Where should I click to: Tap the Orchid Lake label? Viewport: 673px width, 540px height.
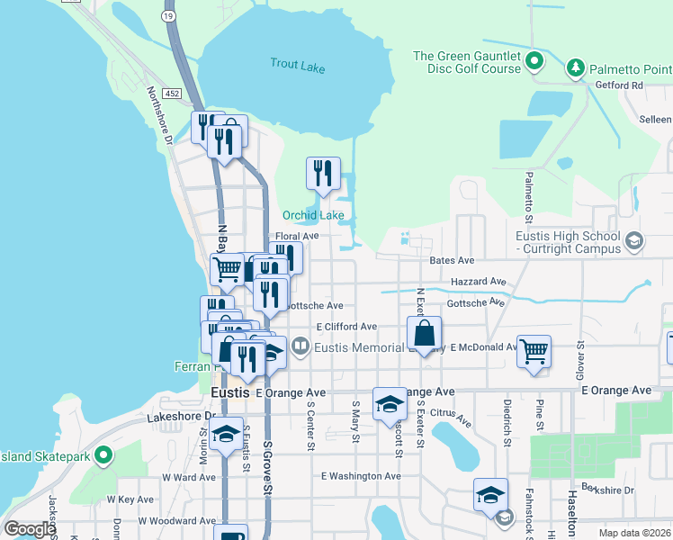[x=313, y=215]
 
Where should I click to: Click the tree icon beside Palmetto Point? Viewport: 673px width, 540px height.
[x=574, y=68]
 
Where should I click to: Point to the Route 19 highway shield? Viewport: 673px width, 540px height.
[x=168, y=15]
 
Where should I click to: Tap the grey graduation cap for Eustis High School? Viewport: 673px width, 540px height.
[x=634, y=240]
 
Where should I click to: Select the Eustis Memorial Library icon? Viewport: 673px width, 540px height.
[x=301, y=346]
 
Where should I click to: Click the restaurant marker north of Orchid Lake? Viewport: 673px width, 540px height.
[x=323, y=173]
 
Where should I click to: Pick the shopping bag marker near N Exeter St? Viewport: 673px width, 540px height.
[x=424, y=332]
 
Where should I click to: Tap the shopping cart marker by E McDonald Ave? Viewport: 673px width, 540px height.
[x=534, y=350]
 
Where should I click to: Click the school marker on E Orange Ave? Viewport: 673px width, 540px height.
[x=390, y=404]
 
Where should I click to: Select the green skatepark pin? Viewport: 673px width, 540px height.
[x=103, y=456]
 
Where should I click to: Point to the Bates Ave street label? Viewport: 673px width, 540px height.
[x=452, y=260]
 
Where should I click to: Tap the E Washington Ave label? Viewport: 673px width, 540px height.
[x=360, y=476]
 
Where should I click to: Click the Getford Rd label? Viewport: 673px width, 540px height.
[x=619, y=85]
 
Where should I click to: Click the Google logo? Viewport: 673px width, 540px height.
[x=30, y=529]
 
